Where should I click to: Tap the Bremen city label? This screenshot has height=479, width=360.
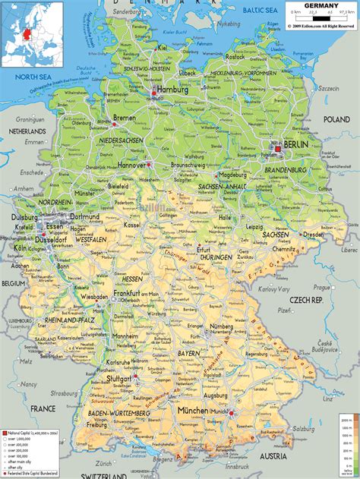125,118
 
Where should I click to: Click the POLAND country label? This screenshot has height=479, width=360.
336,119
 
